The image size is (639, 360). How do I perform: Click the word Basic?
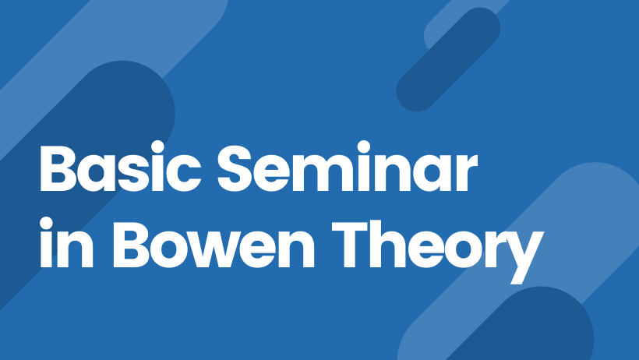click(120, 167)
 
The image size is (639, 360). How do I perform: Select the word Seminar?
click(348, 167)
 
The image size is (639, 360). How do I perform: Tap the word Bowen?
click(214, 244)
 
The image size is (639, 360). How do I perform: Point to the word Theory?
click(438, 251)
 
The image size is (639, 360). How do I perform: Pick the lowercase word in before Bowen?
click(66, 242)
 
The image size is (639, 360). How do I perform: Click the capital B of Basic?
click(58, 168)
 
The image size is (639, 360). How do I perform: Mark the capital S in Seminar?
click(235, 168)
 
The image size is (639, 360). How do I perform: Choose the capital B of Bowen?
click(131, 245)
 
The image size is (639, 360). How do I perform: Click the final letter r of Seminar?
click(466, 174)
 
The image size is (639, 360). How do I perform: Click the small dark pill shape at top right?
click(448, 59)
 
